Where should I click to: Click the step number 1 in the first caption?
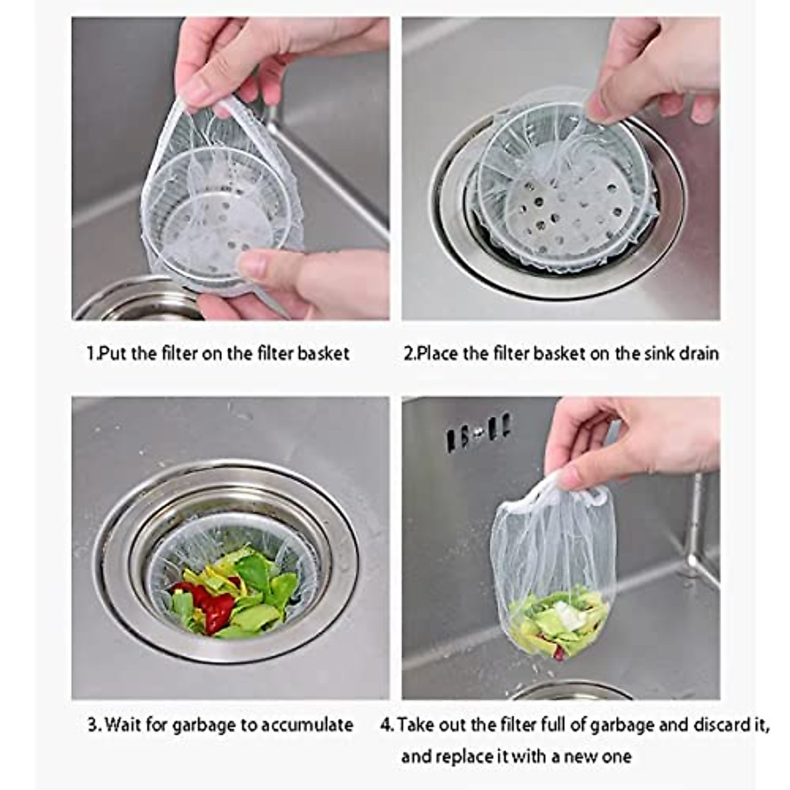click(x=91, y=354)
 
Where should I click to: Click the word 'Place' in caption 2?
click(x=438, y=354)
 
